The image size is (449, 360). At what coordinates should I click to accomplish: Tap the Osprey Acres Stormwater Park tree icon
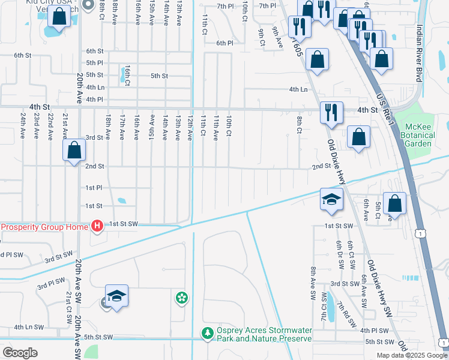click(x=207, y=332)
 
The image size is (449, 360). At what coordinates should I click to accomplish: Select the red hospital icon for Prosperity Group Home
click(x=97, y=226)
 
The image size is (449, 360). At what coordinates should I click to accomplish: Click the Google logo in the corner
click(x=20, y=352)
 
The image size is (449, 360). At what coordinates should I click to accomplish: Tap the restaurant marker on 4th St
click(x=331, y=112)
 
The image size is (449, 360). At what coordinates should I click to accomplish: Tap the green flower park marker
click(x=181, y=298)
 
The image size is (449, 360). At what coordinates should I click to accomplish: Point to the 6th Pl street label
click(x=224, y=43)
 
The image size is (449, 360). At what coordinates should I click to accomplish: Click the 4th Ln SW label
click(x=29, y=327)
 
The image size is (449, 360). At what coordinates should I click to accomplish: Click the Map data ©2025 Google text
click(x=412, y=355)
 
